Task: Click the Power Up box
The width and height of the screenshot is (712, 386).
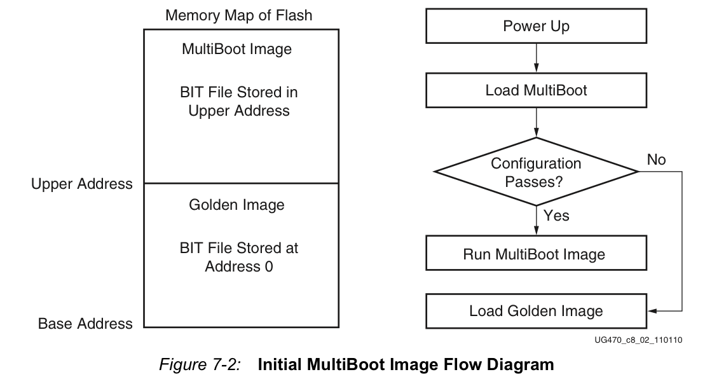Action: coord(537,26)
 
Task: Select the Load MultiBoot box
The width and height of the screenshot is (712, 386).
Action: coord(537,90)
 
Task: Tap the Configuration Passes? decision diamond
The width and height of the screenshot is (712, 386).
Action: coord(537,172)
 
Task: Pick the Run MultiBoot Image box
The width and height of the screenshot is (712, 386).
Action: coord(537,253)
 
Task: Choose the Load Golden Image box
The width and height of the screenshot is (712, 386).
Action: coord(537,311)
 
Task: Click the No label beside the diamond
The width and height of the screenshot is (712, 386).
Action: coord(656,160)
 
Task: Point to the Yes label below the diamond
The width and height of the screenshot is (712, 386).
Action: coord(556,215)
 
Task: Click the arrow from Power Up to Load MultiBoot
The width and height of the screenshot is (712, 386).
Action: coord(537,58)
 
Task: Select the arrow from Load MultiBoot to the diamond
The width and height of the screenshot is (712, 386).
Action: coord(537,123)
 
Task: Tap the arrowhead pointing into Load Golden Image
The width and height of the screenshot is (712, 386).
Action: coord(652,311)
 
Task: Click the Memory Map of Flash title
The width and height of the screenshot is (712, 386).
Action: coord(239,15)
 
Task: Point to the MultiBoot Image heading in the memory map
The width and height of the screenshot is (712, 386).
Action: coord(236,49)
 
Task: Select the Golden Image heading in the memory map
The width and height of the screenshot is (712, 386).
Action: coord(236,205)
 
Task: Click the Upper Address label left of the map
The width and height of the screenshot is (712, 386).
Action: coord(82,184)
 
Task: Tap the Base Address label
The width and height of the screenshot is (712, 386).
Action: coord(85,324)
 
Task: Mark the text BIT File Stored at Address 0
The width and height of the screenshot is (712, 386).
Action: coord(239,257)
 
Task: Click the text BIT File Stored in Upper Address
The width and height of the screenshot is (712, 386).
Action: coord(239,101)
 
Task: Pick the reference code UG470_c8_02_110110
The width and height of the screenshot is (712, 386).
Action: coord(638,340)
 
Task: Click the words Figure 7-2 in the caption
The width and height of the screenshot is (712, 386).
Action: coord(200,364)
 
